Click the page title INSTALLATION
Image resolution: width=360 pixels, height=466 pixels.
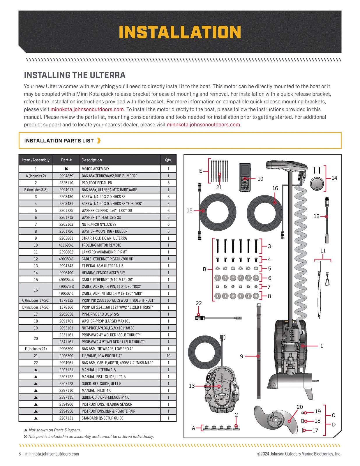[x=180, y=32]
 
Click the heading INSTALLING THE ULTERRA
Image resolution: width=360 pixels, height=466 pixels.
[x=75, y=75]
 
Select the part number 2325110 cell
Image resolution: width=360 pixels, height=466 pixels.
[x=66, y=183]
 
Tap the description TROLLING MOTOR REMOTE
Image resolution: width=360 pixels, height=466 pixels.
[x=101, y=245]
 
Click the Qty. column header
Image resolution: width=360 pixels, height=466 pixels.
[x=168, y=160]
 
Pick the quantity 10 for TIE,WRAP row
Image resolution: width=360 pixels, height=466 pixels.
[x=168, y=356]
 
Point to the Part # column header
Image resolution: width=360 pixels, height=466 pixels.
[x=66, y=160]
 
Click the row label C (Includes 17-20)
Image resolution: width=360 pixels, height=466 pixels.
[x=36, y=300]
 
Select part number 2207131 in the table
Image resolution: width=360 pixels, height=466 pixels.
[x=66, y=418]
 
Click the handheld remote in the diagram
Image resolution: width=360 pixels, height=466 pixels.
[x=245, y=177]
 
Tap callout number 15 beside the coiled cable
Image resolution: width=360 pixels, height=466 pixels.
[x=190, y=211]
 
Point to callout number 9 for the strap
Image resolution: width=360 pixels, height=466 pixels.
[x=241, y=356]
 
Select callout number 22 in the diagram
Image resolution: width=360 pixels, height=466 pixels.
[x=199, y=303]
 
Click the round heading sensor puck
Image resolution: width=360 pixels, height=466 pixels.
[x=317, y=184]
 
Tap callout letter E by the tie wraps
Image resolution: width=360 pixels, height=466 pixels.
[x=201, y=171]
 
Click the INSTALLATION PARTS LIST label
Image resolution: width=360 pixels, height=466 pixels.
[x=59, y=141]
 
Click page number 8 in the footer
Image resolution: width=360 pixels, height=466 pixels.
[x=20, y=454]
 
